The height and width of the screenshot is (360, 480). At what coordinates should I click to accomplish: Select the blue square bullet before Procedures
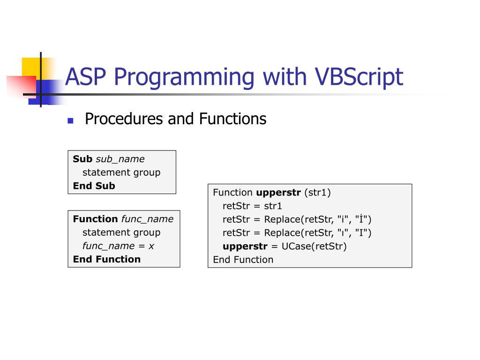(x=70, y=120)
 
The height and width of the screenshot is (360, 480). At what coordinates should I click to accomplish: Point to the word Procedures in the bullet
(x=124, y=119)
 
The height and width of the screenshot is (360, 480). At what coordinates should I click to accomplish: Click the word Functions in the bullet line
(x=232, y=119)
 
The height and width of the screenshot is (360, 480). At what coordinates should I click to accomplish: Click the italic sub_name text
(x=120, y=159)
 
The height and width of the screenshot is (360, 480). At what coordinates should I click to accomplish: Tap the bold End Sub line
(x=94, y=186)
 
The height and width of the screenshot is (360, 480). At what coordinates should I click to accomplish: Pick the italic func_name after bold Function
(x=147, y=219)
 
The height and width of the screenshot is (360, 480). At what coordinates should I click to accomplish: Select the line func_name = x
(x=118, y=246)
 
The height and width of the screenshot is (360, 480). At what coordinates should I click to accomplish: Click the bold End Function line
(x=106, y=259)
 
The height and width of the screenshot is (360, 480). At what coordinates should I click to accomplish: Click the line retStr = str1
(x=252, y=206)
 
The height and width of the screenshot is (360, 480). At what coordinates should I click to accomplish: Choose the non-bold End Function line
(x=243, y=260)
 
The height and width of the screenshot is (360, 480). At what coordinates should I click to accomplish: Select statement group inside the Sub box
(x=121, y=172)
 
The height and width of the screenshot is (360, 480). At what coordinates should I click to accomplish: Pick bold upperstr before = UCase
(x=245, y=246)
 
